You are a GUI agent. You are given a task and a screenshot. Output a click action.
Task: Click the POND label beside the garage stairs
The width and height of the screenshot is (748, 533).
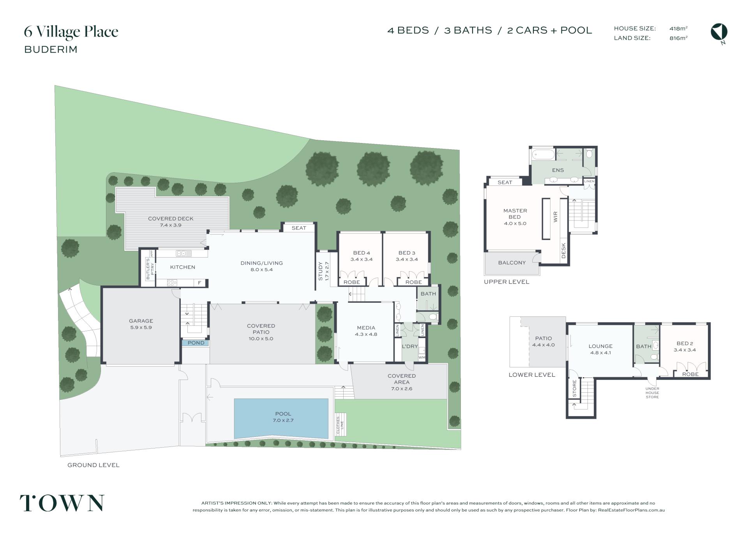pyautogui.click(x=196, y=343)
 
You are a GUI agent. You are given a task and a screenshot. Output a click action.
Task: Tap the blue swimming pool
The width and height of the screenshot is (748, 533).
pyautogui.click(x=281, y=418)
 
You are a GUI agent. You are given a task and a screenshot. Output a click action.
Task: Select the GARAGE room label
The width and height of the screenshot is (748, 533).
pyautogui.click(x=141, y=321)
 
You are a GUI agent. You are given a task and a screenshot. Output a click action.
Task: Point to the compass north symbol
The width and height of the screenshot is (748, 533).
pyautogui.click(x=719, y=32)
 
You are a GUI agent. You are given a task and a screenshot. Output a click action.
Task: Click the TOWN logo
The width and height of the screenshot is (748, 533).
pyautogui.click(x=62, y=503)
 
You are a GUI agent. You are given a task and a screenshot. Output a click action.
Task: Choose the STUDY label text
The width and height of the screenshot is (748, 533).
pyautogui.click(x=321, y=271)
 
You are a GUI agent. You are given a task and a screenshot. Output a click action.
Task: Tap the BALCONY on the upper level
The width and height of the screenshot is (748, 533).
pyautogui.click(x=512, y=263)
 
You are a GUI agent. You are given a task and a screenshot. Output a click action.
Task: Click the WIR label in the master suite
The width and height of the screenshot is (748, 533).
pyautogui.click(x=556, y=217)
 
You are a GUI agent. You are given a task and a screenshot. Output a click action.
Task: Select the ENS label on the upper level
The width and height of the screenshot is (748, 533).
pyautogui.click(x=558, y=170)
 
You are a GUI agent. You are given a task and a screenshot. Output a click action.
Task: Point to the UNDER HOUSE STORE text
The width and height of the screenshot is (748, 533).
pyautogui.click(x=652, y=393)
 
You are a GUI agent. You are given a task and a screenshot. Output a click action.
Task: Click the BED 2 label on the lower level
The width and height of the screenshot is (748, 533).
pyautogui.click(x=685, y=343)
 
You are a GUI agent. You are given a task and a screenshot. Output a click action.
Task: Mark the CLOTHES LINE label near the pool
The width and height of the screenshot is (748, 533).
pyautogui.click(x=340, y=425)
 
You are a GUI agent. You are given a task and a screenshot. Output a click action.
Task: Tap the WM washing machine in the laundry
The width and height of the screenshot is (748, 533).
pyautogui.click(x=422, y=357)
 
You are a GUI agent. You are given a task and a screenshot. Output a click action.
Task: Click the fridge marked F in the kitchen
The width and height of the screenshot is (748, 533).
pyautogui.click(x=199, y=283)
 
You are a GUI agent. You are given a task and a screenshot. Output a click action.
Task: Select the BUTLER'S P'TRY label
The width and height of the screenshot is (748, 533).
pyautogui.click(x=150, y=269)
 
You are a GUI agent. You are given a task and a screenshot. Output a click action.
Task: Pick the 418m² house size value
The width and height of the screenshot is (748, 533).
pyautogui.click(x=678, y=28)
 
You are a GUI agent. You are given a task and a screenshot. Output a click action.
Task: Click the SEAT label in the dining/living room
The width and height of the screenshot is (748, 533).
pyautogui.click(x=299, y=228)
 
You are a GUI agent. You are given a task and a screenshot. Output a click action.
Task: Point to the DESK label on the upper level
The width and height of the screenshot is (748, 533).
pyautogui.click(x=563, y=251)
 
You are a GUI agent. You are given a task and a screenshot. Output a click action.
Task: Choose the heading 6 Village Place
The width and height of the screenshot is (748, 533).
pyautogui.click(x=71, y=32)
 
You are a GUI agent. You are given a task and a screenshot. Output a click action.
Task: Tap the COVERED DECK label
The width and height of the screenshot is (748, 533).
pyautogui.click(x=171, y=219)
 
